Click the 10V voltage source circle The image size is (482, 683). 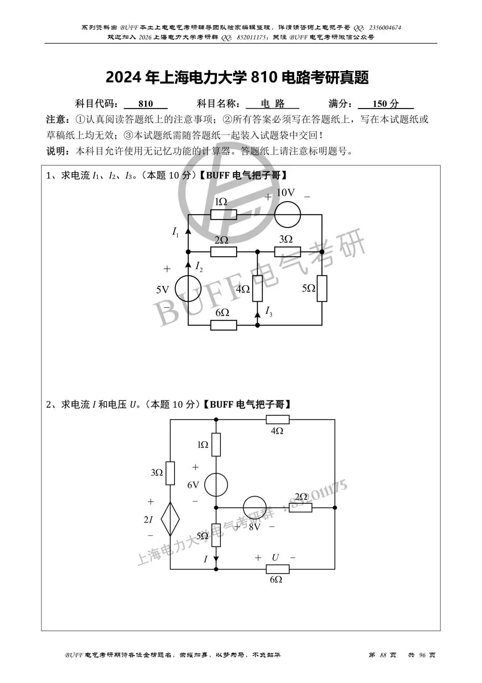288,215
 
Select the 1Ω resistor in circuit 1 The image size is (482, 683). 223,215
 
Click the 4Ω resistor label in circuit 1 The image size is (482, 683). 243,289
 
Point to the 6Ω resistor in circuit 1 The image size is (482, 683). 223,325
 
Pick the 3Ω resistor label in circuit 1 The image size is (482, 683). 286,240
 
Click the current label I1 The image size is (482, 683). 175,232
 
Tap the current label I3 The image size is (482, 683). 268,311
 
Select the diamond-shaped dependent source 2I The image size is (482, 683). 170,519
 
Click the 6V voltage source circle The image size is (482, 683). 216,485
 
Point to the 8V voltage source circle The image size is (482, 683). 254,508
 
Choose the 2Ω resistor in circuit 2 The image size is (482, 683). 300,508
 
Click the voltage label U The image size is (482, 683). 275,557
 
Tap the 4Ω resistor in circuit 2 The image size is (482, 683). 277,420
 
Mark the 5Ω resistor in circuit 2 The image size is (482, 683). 216,535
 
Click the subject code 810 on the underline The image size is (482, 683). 145,104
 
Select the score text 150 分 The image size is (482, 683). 385,104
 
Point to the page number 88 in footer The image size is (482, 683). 382,655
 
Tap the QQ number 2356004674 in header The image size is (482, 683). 385,28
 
